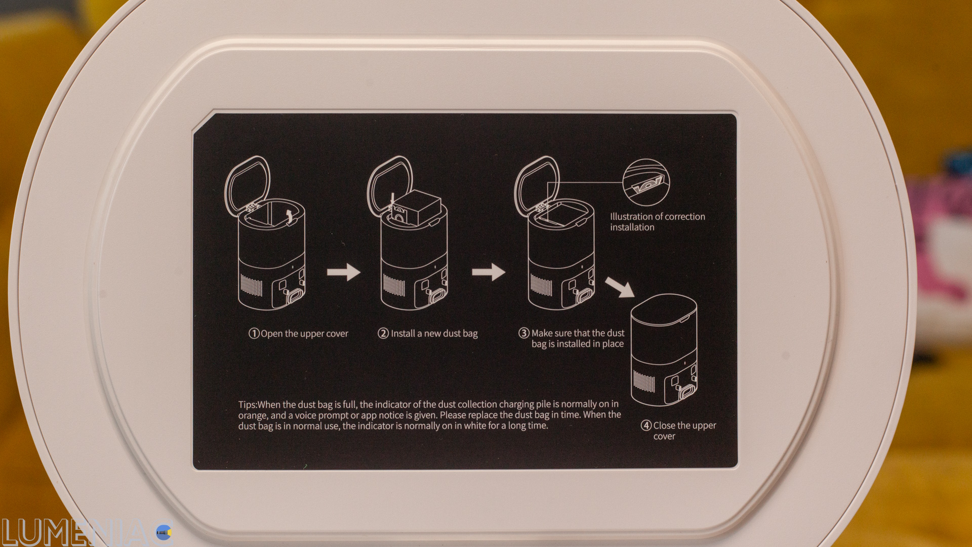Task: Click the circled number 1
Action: tap(254, 333)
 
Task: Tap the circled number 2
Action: tap(383, 333)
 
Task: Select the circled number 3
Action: tap(524, 333)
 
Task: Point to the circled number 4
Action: tap(646, 425)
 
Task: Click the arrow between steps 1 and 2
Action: tap(344, 272)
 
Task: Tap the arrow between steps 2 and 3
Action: tap(489, 272)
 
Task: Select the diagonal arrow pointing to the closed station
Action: tap(620, 287)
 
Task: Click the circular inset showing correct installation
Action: tap(646, 182)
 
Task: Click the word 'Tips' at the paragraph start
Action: tap(247, 405)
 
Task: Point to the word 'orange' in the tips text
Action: tap(252, 416)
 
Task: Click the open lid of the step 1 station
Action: tap(247, 185)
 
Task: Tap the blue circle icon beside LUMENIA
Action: tap(164, 532)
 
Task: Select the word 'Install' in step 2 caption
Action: tap(403, 333)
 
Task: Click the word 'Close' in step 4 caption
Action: tap(665, 425)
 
